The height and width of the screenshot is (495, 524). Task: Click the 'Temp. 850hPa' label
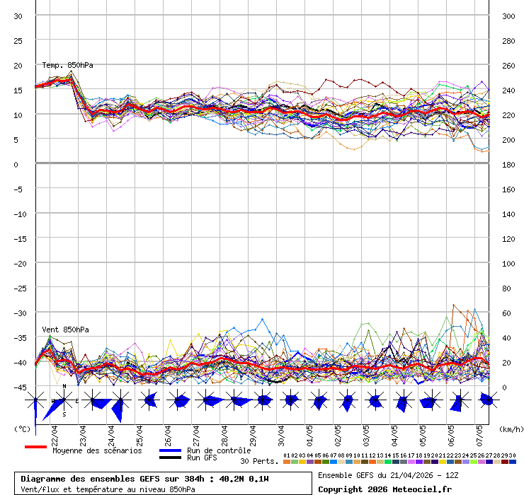67,65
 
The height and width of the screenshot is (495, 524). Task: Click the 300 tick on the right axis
508,16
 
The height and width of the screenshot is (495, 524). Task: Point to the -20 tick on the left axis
20,263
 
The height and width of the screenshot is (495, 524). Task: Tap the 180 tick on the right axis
508,164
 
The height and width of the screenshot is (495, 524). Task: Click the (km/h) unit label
510,429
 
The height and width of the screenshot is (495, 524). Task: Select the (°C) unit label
22,429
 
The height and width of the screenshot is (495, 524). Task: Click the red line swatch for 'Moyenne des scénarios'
35,447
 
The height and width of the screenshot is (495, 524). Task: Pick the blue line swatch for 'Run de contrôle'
170,450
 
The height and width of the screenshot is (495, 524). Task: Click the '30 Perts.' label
259,461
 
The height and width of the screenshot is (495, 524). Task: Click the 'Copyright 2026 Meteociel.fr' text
385,489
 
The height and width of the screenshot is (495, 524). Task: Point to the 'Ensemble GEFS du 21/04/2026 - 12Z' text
386,475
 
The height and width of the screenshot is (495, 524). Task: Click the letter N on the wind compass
64,387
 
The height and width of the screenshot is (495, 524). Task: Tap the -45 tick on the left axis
20,387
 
